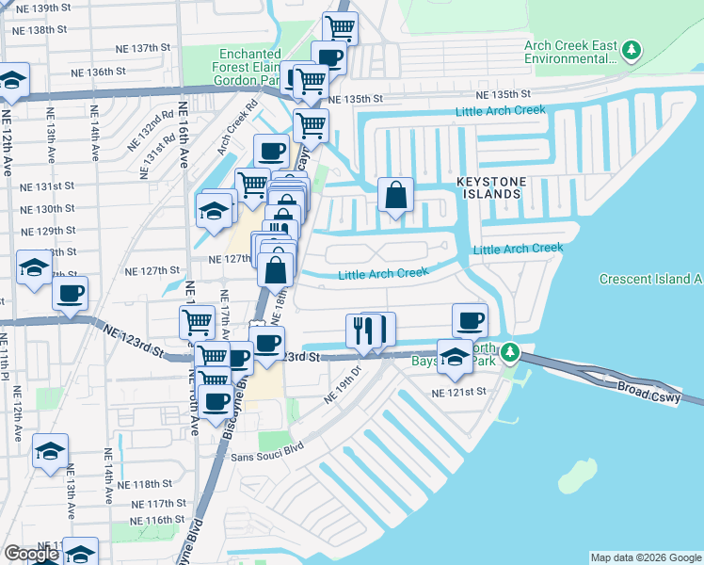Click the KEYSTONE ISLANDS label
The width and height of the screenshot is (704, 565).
click(x=488, y=186)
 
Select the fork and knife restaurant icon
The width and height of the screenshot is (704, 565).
click(x=362, y=330)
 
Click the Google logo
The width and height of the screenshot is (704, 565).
click(x=31, y=554)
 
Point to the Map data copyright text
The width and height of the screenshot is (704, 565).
click(x=645, y=557)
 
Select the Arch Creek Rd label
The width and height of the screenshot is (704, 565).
click(x=236, y=129)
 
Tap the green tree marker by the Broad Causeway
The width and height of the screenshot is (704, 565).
click(x=510, y=352)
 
